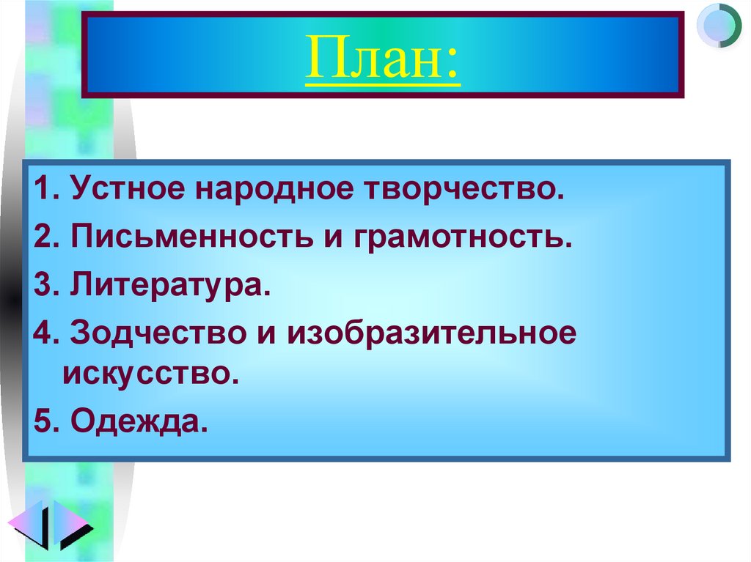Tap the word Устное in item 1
click(x=128, y=191)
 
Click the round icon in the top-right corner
click(x=719, y=26)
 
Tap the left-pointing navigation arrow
click(x=26, y=525)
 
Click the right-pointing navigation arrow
click(x=73, y=525)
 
